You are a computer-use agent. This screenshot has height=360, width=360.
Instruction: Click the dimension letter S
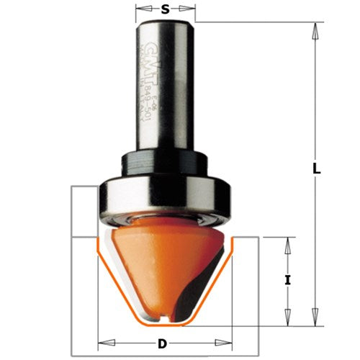(x=166, y=9)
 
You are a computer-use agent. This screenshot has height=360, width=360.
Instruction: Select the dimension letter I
(x=288, y=282)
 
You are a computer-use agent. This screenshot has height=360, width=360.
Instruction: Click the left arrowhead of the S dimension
(x=140, y=10)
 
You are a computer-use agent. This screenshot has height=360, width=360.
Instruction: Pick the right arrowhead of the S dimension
(x=192, y=10)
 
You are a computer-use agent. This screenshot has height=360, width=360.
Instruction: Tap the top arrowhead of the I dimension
(x=288, y=243)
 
